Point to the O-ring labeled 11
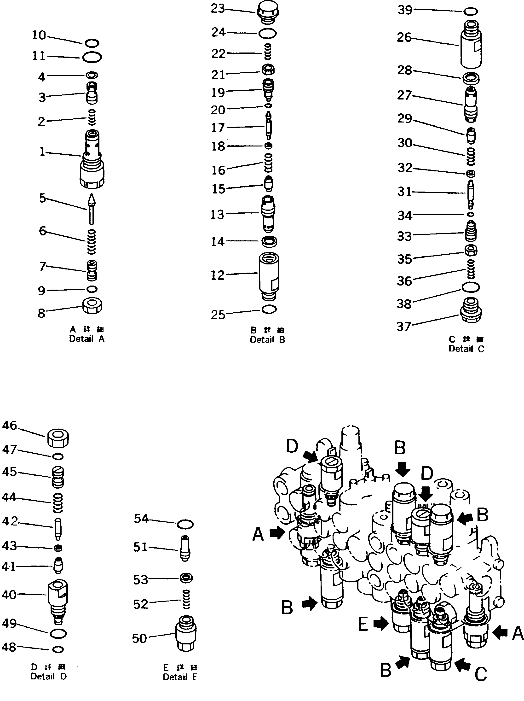(x=92, y=57)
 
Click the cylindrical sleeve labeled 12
(x=269, y=276)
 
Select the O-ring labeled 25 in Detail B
(x=269, y=309)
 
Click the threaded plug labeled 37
(x=471, y=310)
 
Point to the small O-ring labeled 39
(x=471, y=12)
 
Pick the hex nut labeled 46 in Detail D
(x=58, y=438)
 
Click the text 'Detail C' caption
(x=466, y=349)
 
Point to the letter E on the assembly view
(x=363, y=625)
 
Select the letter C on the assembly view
(x=481, y=675)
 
